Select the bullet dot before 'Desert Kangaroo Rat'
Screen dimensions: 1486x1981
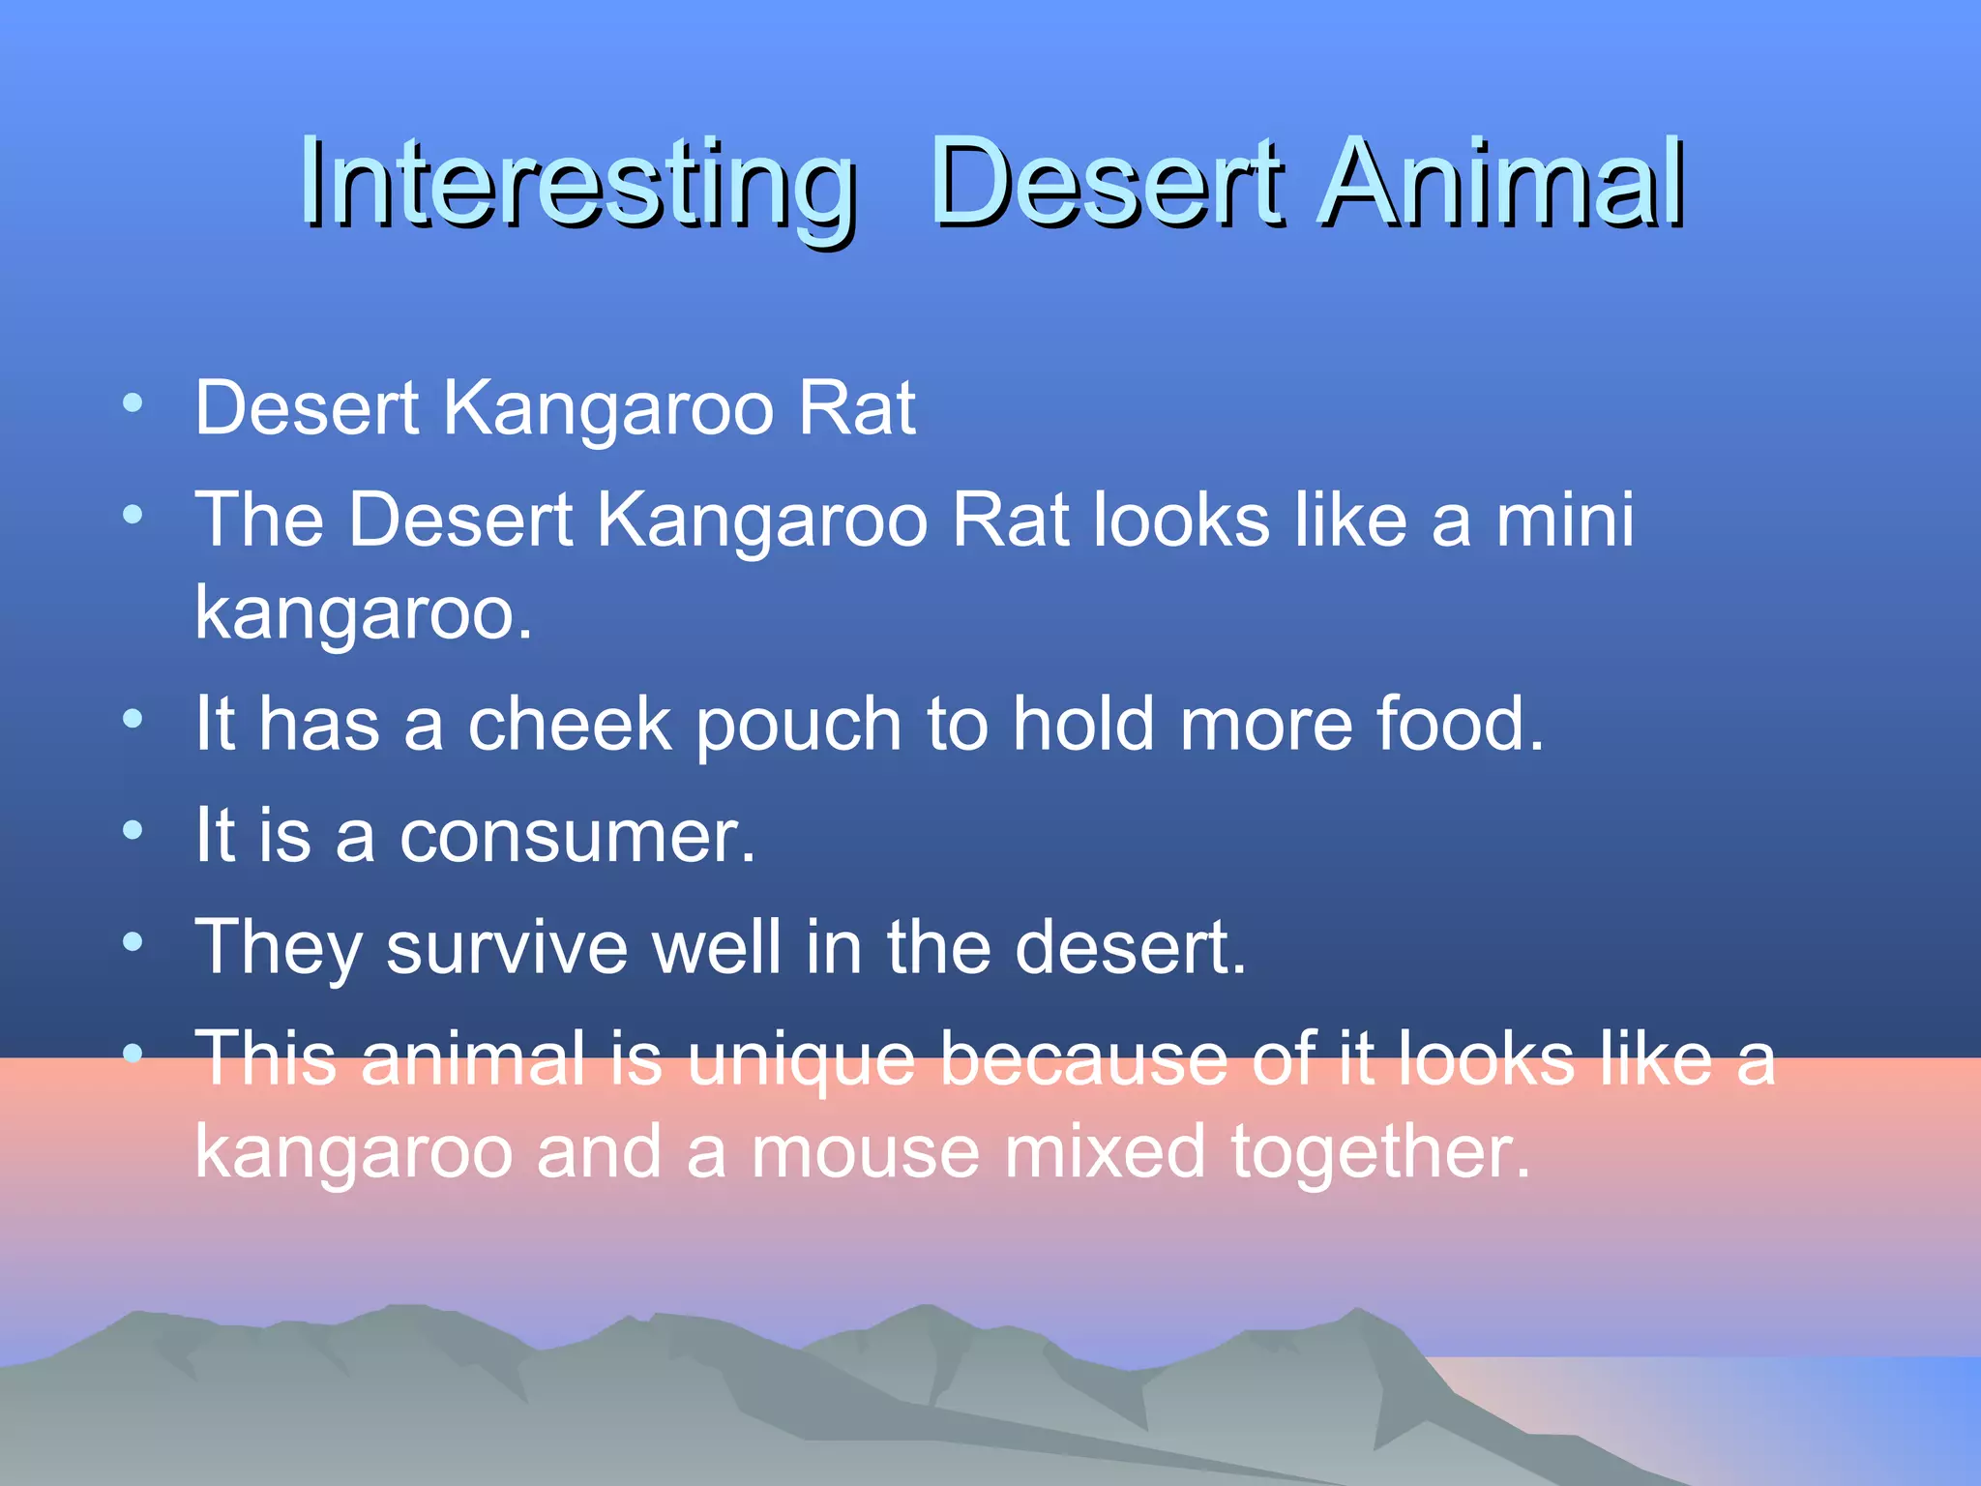pyautogui.click(x=133, y=401)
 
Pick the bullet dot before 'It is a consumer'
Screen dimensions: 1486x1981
pyautogui.click(x=133, y=829)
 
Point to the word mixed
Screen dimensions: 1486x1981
pyautogui.click(x=1105, y=1153)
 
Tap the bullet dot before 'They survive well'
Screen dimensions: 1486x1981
pyautogui.click(x=133, y=940)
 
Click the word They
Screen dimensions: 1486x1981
pyautogui.click(x=279, y=948)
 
